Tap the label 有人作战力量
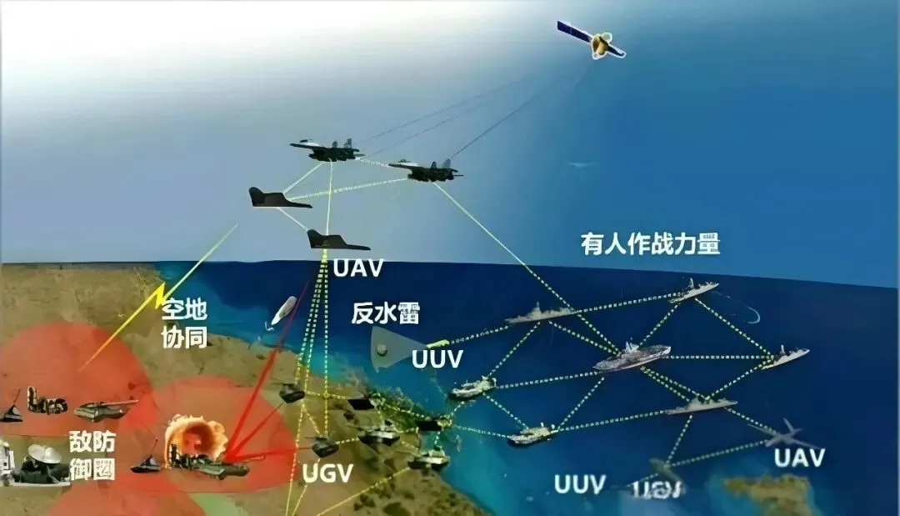click(650, 244)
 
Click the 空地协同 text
click(183, 323)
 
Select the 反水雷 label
click(385, 313)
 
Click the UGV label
click(327, 473)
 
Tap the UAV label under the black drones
click(357, 268)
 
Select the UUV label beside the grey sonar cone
click(437, 359)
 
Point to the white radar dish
click(43, 453)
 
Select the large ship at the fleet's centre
click(632, 356)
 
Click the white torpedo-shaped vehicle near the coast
click(283, 310)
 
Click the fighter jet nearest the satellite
click(425, 171)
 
